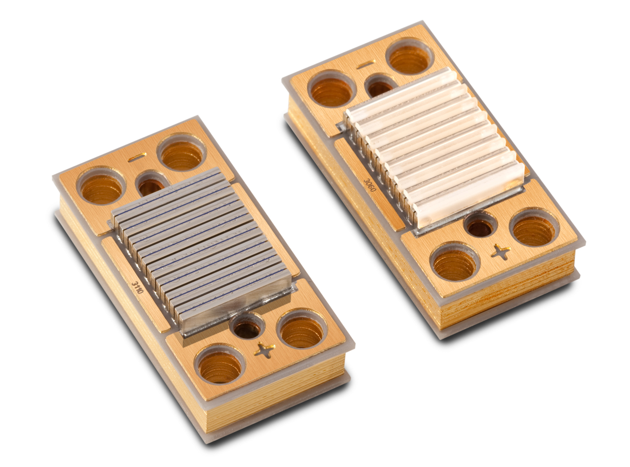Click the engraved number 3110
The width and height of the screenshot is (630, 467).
[138, 287]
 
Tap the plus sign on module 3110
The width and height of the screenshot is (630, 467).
[264, 350]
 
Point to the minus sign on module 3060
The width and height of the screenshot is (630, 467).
[366, 65]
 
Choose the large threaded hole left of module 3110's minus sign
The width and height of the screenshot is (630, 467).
[101, 186]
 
